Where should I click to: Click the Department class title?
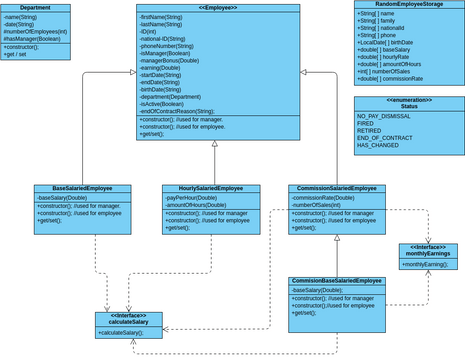35,8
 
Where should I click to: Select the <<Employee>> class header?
217,8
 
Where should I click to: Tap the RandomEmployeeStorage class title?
408,4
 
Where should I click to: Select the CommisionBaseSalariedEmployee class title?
337,282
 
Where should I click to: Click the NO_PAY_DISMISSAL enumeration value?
383,117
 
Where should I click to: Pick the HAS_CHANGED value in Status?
376,145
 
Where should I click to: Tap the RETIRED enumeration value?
369,131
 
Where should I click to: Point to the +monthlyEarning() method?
426,265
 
